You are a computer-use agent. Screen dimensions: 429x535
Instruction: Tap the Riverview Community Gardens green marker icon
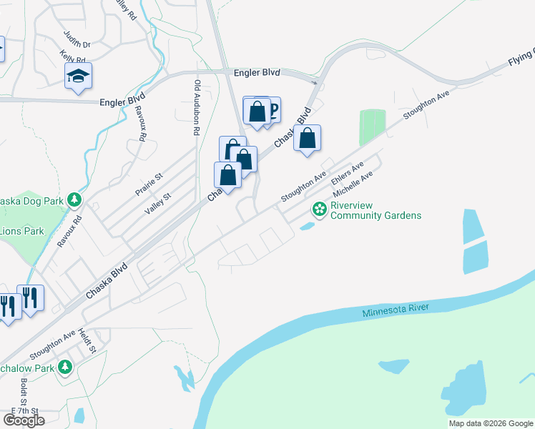pyautogui.click(x=319, y=209)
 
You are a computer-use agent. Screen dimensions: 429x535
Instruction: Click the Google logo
pyautogui.click(x=24, y=420)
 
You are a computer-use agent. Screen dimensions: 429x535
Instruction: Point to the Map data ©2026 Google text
pyautogui.click(x=491, y=423)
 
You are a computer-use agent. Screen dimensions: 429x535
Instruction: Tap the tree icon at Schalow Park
pyautogui.click(x=66, y=368)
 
